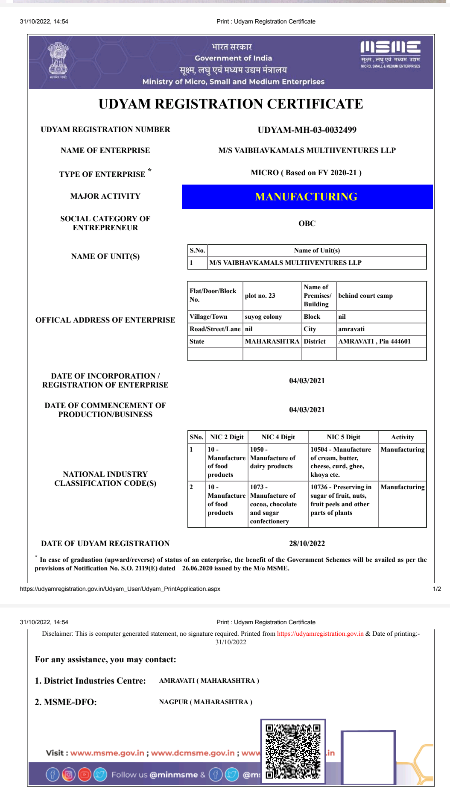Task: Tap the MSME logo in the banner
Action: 390,54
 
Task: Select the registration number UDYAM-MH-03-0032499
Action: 307,130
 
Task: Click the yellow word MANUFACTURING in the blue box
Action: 306,197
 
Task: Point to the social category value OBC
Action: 307,223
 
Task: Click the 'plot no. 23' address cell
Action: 260,296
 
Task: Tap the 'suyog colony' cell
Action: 263,317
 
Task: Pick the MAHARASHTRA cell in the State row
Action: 272,341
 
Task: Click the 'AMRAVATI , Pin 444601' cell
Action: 374,341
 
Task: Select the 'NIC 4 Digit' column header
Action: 278,437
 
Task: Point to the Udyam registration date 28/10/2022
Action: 307,543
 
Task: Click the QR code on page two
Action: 293,751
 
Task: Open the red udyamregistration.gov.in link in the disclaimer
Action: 320,634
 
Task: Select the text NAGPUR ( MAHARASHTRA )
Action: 206,702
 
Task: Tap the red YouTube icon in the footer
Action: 85,775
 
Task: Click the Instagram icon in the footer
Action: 68,775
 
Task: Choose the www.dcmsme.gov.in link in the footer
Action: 193,753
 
